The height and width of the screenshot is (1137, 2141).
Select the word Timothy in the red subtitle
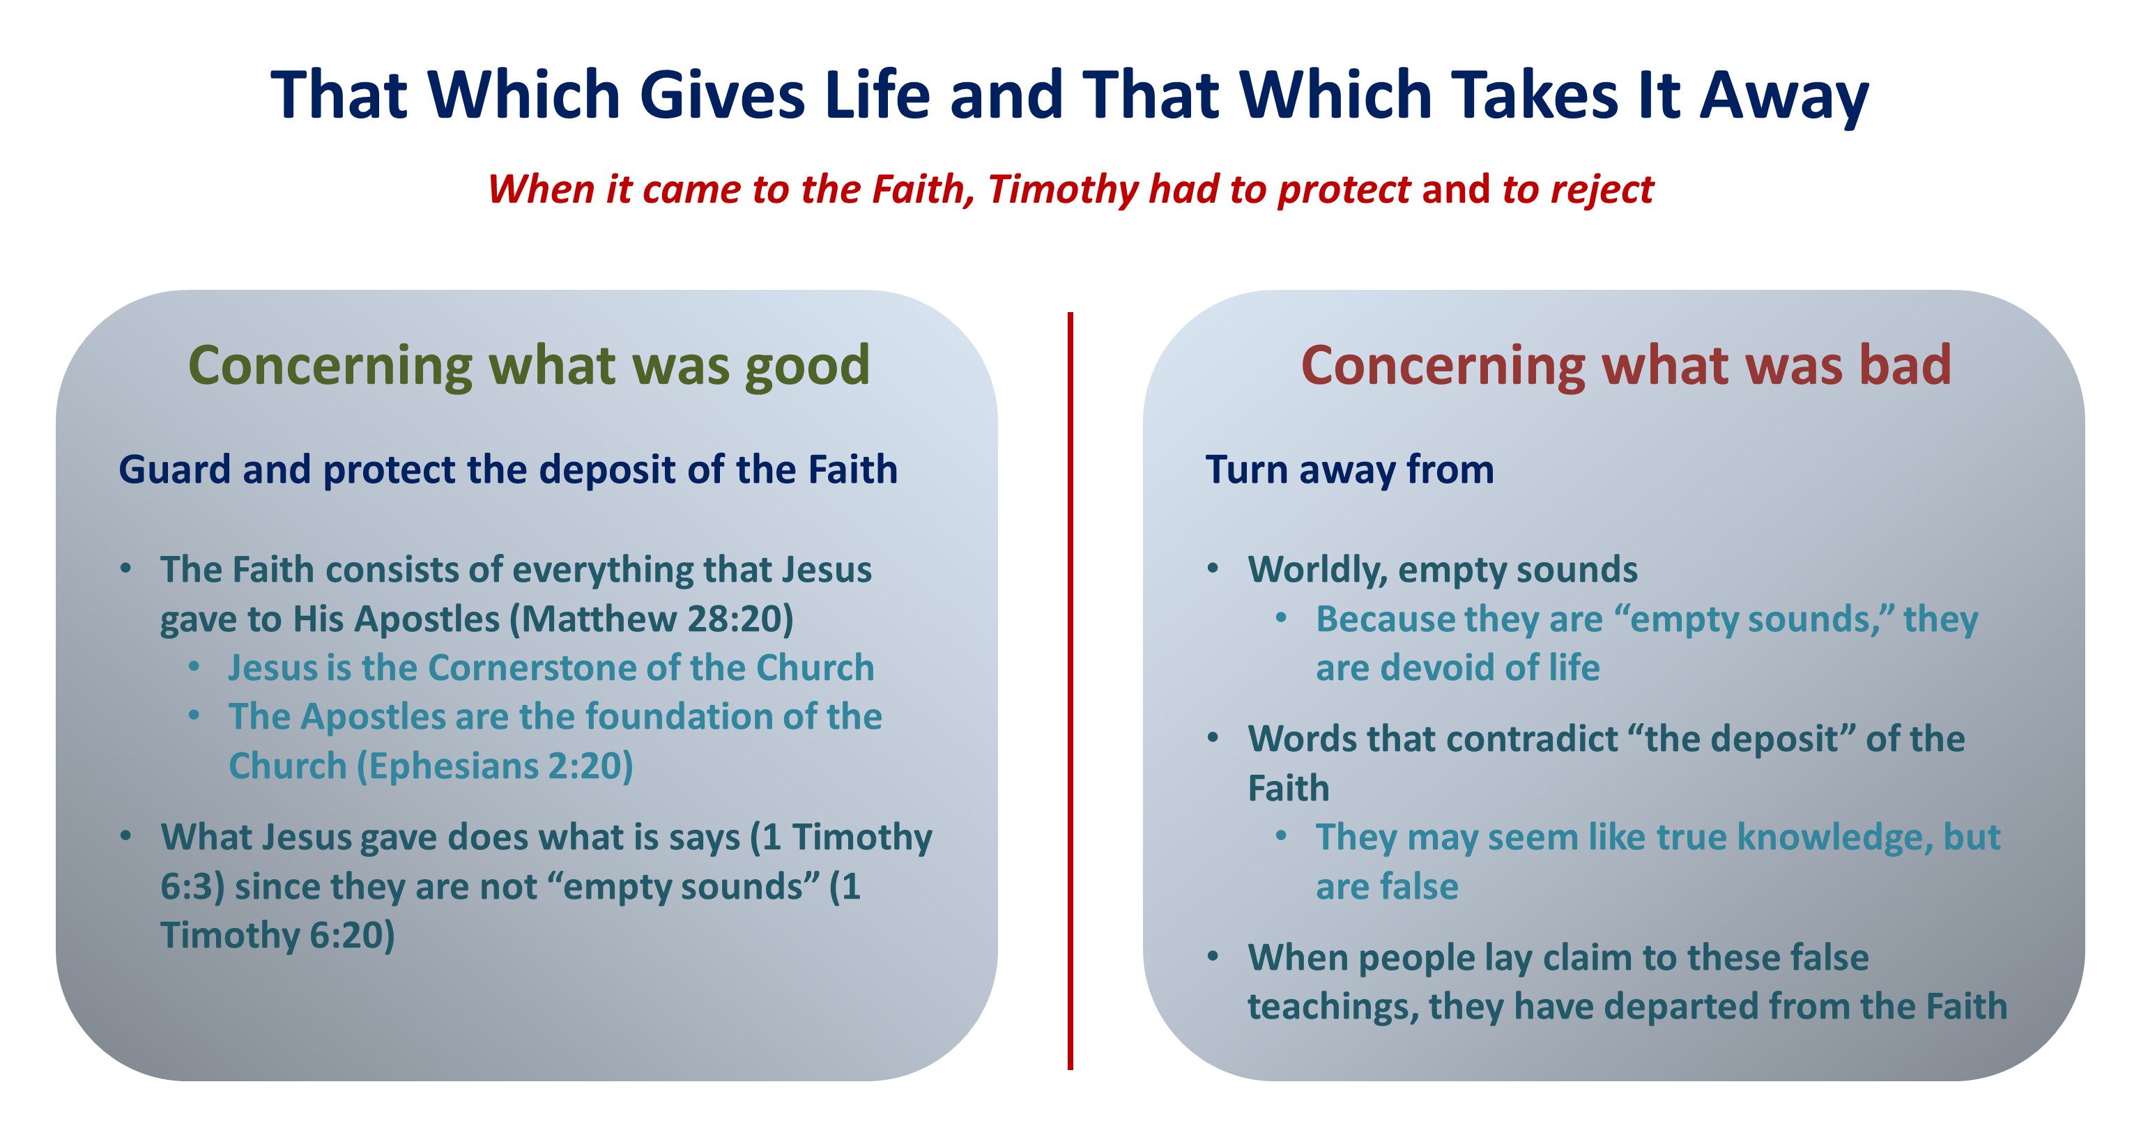pyautogui.click(x=1062, y=190)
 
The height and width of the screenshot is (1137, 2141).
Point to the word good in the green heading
pyautogui.click(x=807, y=366)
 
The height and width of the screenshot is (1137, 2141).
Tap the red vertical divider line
pyautogui.click(x=1070, y=690)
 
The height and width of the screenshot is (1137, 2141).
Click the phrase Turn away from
pyautogui.click(x=1350, y=470)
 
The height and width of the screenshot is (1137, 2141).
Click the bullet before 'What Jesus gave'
pyautogui.click(x=125, y=836)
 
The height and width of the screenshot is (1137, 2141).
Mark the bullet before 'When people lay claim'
pyautogui.click(x=1213, y=957)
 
